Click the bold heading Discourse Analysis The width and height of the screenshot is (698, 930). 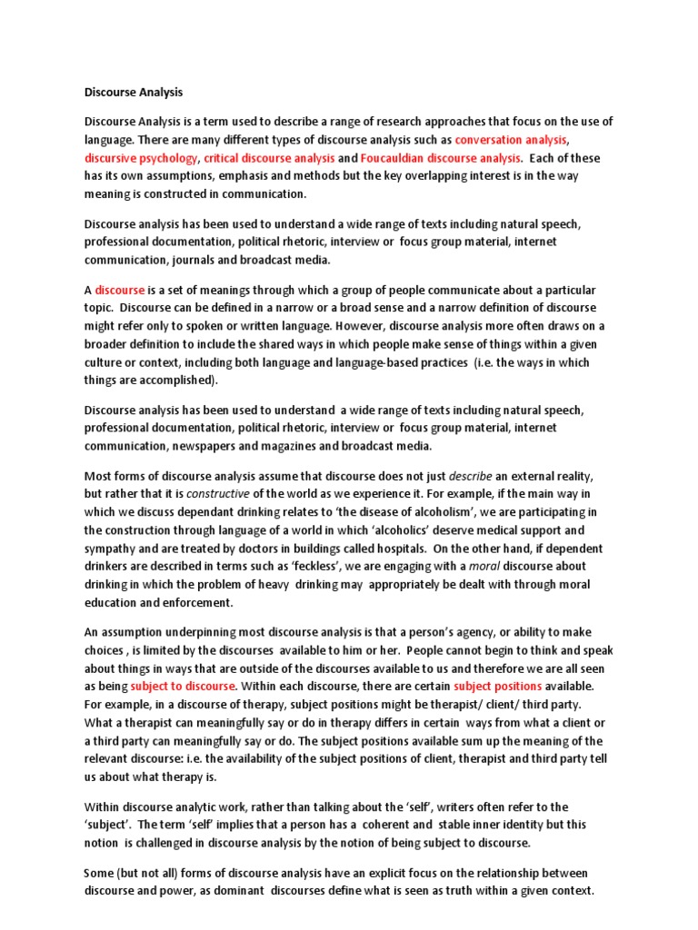(x=134, y=92)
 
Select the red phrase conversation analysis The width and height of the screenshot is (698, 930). (x=511, y=140)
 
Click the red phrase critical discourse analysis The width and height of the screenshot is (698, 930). (x=269, y=158)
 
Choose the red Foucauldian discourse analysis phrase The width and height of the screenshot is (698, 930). (x=444, y=158)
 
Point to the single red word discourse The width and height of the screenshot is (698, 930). (x=120, y=290)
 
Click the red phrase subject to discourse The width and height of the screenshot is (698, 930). (x=183, y=685)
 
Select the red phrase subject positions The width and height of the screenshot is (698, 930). (x=498, y=685)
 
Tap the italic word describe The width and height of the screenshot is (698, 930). (x=473, y=475)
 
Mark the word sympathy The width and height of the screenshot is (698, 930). (x=112, y=547)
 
